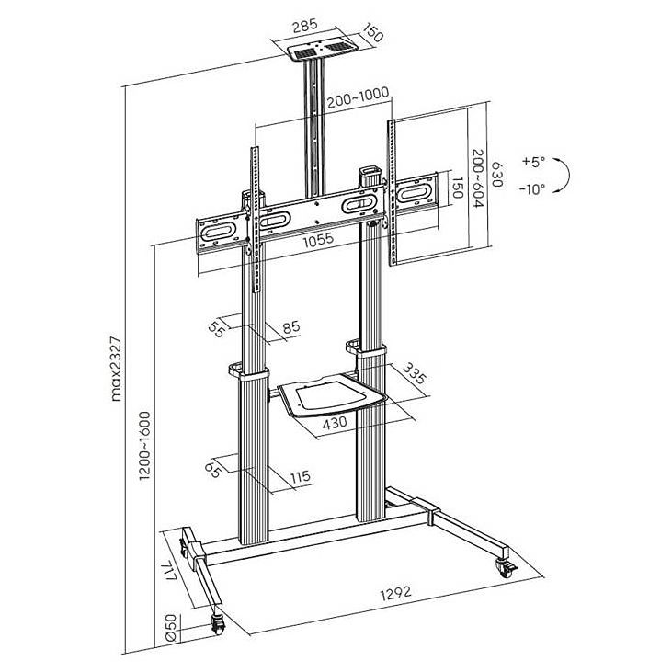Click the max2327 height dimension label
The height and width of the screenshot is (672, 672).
tap(116, 370)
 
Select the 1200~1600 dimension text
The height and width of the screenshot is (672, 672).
tap(145, 446)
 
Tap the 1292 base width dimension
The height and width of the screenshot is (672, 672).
tap(395, 594)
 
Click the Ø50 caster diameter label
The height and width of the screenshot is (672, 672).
tap(171, 628)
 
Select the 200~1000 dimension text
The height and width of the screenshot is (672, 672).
tap(359, 98)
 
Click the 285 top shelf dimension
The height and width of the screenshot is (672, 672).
tap(305, 26)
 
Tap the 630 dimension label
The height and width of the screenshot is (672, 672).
tap(496, 174)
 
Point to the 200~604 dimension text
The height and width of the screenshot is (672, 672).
tap(478, 178)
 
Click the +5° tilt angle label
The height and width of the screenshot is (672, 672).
tap(534, 162)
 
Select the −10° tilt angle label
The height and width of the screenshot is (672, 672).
tap(532, 189)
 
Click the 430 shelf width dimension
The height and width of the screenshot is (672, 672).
tap(335, 423)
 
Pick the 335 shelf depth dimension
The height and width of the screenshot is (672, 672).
tap(415, 373)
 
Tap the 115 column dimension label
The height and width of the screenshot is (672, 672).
tap(300, 476)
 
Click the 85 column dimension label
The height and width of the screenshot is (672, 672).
tap(291, 327)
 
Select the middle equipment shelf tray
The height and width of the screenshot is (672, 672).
tap(331, 395)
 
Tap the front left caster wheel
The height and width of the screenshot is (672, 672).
tap(218, 625)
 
